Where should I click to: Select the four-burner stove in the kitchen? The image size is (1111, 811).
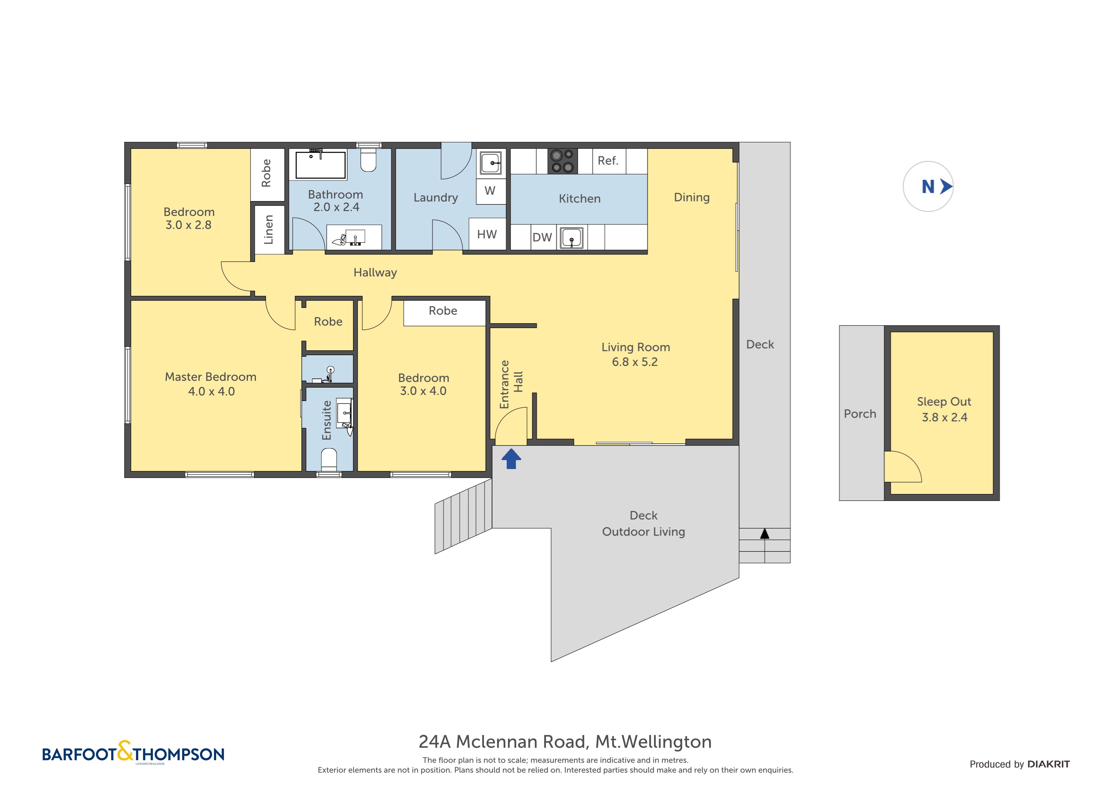(x=562, y=161)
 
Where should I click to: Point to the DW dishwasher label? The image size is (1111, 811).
(x=542, y=238)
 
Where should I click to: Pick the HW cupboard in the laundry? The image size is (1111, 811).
(x=487, y=235)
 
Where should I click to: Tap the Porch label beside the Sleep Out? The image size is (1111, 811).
(x=860, y=414)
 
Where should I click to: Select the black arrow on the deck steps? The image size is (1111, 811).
(x=765, y=534)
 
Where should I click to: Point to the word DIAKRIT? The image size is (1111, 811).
(x=1048, y=764)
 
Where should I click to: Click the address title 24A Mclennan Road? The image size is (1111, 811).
(x=565, y=742)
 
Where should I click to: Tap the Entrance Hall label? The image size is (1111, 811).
(x=511, y=384)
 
